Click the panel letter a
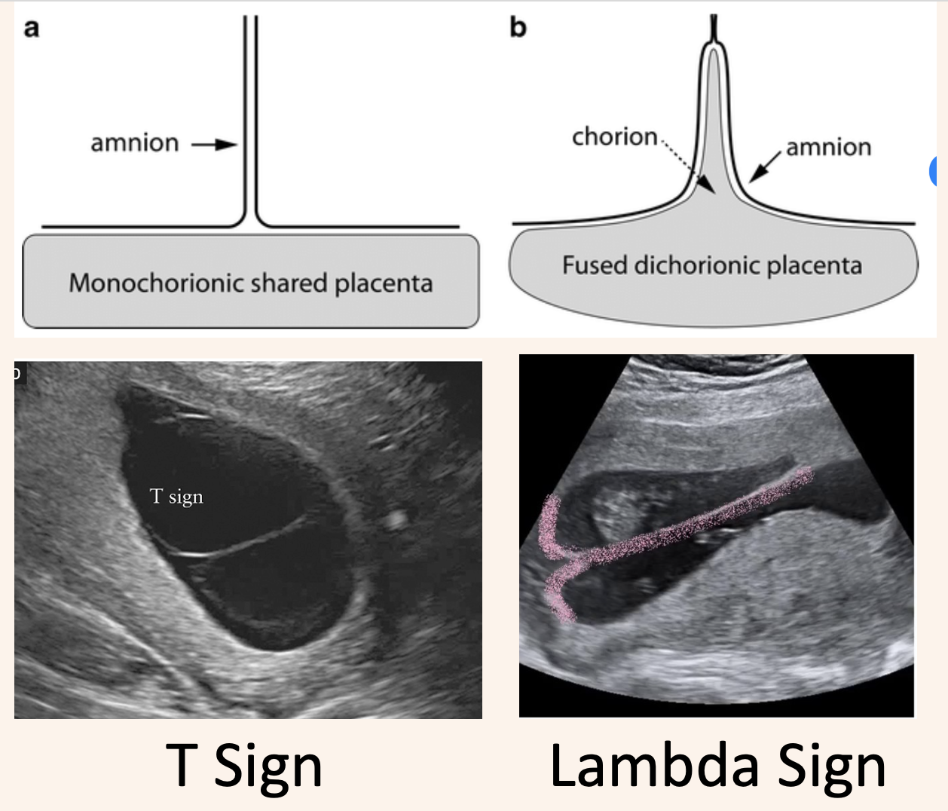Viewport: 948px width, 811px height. (x=32, y=29)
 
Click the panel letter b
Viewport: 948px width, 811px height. (x=518, y=27)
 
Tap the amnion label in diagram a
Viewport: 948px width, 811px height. (x=135, y=142)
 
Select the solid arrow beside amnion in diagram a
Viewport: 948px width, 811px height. (x=215, y=144)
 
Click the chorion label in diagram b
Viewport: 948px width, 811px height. (x=614, y=136)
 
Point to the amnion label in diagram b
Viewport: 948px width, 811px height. (x=828, y=147)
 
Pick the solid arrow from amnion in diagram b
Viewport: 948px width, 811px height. (x=765, y=167)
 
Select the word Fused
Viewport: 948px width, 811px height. (x=595, y=265)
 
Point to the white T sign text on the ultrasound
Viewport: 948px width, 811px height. (x=176, y=496)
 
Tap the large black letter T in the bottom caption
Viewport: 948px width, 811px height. (x=181, y=764)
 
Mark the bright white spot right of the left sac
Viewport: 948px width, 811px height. (x=396, y=519)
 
